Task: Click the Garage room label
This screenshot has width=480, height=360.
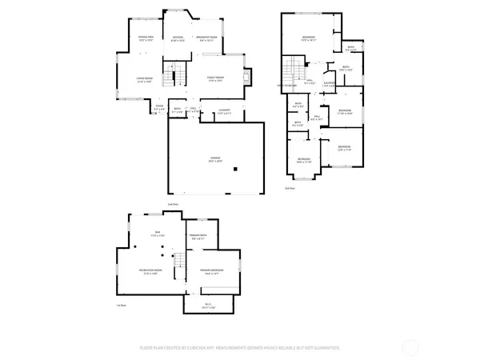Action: pos(215,159)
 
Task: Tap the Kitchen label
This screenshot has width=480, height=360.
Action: pos(178,38)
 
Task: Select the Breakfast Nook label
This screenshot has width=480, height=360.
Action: pos(209,38)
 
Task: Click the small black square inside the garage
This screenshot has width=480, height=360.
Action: pos(235,169)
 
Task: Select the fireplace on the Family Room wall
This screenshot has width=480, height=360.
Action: pos(247,77)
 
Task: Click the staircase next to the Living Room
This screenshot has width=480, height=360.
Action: pos(169,78)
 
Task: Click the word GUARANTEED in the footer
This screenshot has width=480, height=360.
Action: pos(325,348)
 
